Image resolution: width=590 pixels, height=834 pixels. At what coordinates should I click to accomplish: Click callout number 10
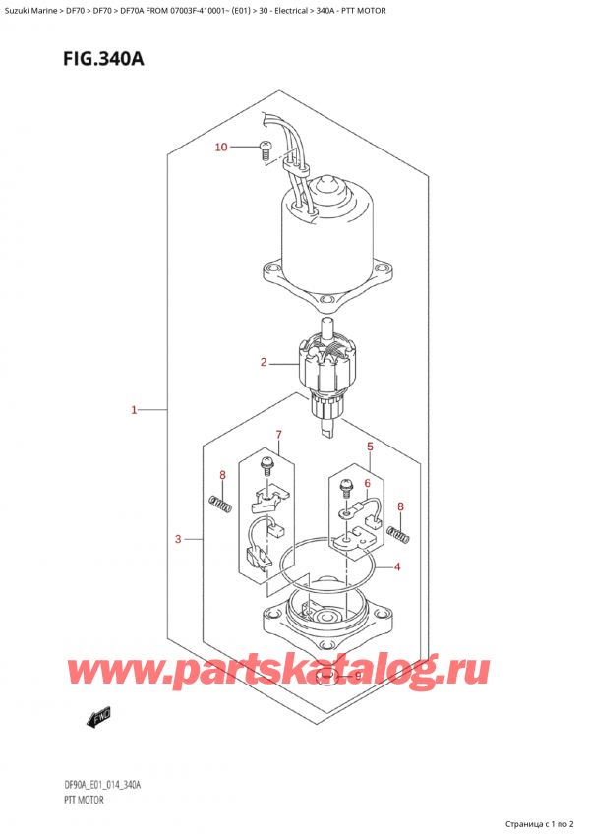221,148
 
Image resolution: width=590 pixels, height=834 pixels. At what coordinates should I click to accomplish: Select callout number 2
264,363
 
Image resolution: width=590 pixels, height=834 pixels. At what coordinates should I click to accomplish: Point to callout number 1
134,409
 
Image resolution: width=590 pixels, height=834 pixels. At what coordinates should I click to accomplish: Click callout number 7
278,435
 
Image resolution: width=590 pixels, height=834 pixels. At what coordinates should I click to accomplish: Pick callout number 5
370,448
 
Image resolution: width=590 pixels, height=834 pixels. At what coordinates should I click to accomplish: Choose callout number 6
367,483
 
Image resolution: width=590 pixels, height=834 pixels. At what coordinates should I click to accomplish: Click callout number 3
177,538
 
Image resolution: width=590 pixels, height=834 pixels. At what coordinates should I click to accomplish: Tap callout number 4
396,566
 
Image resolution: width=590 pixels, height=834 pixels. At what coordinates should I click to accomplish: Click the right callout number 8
400,507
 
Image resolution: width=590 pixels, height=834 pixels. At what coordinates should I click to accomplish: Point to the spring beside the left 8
222,506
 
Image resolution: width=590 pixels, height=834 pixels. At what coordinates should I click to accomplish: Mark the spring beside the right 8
398,534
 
